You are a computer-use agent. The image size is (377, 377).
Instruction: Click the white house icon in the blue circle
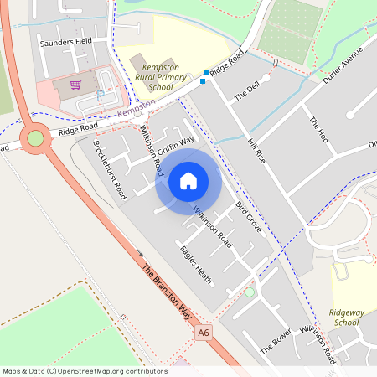click(188, 180)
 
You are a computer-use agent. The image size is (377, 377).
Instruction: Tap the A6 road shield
click(202, 333)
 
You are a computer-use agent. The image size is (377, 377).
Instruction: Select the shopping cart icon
click(75, 85)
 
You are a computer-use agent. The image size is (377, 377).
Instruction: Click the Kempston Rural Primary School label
click(156, 77)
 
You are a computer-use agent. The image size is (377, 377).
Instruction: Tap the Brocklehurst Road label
click(109, 163)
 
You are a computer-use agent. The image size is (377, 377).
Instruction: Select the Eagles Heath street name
click(195, 263)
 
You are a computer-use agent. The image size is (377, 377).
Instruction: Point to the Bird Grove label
click(248, 216)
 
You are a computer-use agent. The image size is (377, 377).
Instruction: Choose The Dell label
click(247, 91)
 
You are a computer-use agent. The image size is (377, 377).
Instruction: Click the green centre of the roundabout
click(35, 137)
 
